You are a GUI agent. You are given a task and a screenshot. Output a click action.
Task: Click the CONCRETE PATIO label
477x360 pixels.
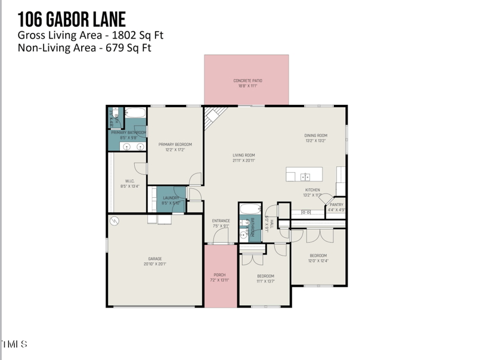[247, 80]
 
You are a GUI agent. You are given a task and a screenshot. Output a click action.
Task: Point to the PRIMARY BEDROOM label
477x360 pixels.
[175, 144]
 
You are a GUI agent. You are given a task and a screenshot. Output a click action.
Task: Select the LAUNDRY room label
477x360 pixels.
[171, 198]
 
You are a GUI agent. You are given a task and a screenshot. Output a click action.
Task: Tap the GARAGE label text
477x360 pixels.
[155, 259]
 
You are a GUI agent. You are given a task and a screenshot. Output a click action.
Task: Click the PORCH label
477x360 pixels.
[219, 275]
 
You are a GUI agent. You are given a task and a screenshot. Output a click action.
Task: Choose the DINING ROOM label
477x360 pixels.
[316, 135]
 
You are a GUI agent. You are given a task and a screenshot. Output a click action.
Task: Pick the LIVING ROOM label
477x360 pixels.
[244, 155]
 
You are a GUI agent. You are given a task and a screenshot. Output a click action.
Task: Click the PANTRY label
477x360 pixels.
[336, 204]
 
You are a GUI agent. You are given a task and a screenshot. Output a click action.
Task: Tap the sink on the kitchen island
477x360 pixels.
[305, 176]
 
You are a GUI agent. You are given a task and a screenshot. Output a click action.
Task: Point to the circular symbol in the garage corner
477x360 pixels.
[115, 221]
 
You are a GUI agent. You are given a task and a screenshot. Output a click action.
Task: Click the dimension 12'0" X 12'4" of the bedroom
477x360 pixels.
[318, 260]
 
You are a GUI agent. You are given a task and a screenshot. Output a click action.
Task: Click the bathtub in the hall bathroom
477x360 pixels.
[249, 209]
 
